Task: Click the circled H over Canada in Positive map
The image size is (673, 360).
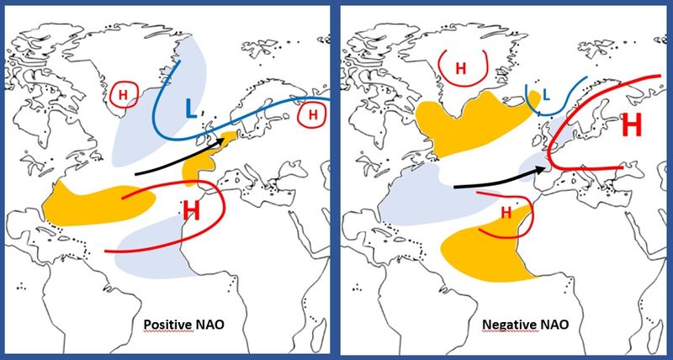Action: tap(123, 94)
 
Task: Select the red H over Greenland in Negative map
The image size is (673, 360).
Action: tap(460, 68)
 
